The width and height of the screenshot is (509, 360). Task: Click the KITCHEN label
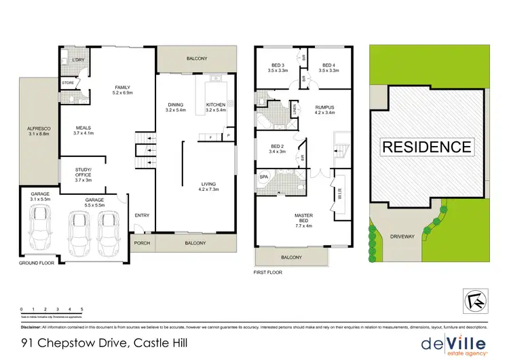point(215,105)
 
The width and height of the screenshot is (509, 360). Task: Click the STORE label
point(68,83)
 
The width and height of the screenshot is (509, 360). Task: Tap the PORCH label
point(141,243)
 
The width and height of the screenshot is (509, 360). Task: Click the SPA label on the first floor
point(264,177)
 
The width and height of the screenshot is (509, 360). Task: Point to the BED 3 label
point(278,65)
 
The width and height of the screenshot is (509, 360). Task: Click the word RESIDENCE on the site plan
point(426,146)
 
